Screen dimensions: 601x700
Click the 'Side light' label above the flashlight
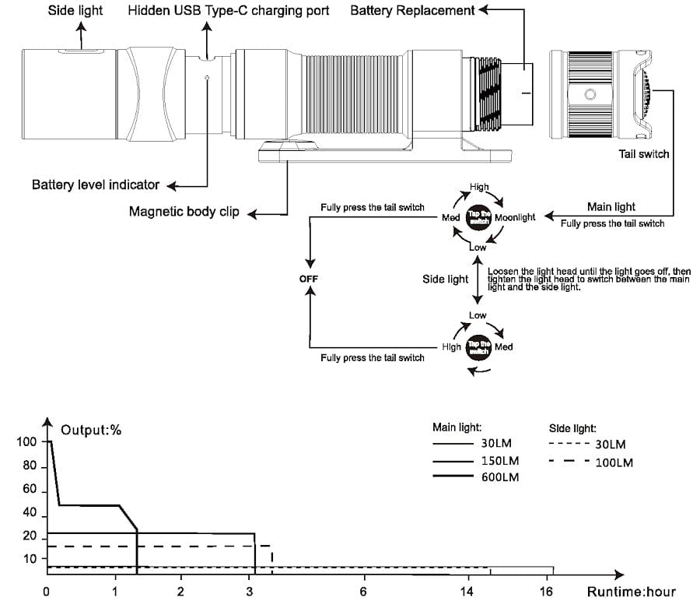(77, 11)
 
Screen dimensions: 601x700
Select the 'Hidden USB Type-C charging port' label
(228, 11)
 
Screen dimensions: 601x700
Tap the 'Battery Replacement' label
(412, 11)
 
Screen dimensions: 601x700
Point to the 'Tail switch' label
(643, 154)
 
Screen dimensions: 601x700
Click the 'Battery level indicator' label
(96, 185)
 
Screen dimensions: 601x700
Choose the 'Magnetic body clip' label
(184, 212)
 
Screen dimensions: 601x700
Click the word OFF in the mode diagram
(309, 279)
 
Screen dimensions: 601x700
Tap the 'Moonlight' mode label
(514, 217)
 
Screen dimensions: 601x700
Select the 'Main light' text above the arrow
(611, 207)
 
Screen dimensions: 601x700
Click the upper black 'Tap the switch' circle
(478, 218)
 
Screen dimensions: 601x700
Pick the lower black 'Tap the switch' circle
(478, 347)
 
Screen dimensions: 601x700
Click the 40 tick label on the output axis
(30, 513)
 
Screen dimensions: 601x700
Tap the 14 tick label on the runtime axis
(466, 592)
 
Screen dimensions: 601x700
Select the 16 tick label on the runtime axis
(547, 592)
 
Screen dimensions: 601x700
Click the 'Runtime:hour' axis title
(631, 592)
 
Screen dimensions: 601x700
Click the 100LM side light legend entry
(614, 462)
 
